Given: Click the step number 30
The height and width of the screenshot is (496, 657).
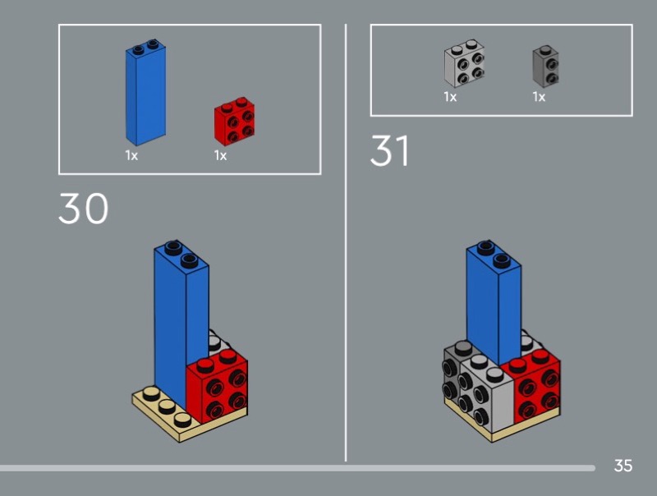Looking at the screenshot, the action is [x=84, y=209].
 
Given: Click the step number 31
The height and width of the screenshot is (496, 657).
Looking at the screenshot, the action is [x=389, y=150].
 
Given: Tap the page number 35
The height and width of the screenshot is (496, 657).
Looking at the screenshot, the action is [x=623, y=466].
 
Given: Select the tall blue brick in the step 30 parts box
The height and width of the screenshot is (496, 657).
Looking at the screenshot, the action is [x=145, y=93].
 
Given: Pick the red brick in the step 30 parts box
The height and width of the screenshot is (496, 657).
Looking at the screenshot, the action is [x=234, y=122].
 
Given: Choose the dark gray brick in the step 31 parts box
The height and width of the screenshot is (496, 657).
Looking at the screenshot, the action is [x=545, y=67].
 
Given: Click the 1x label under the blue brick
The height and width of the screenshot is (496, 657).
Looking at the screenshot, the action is [x=131, y=156].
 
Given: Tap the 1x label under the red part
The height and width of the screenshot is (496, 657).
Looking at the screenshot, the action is [x=220, y=156].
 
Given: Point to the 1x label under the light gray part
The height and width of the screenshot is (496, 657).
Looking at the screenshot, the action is [x=450, y=97].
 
